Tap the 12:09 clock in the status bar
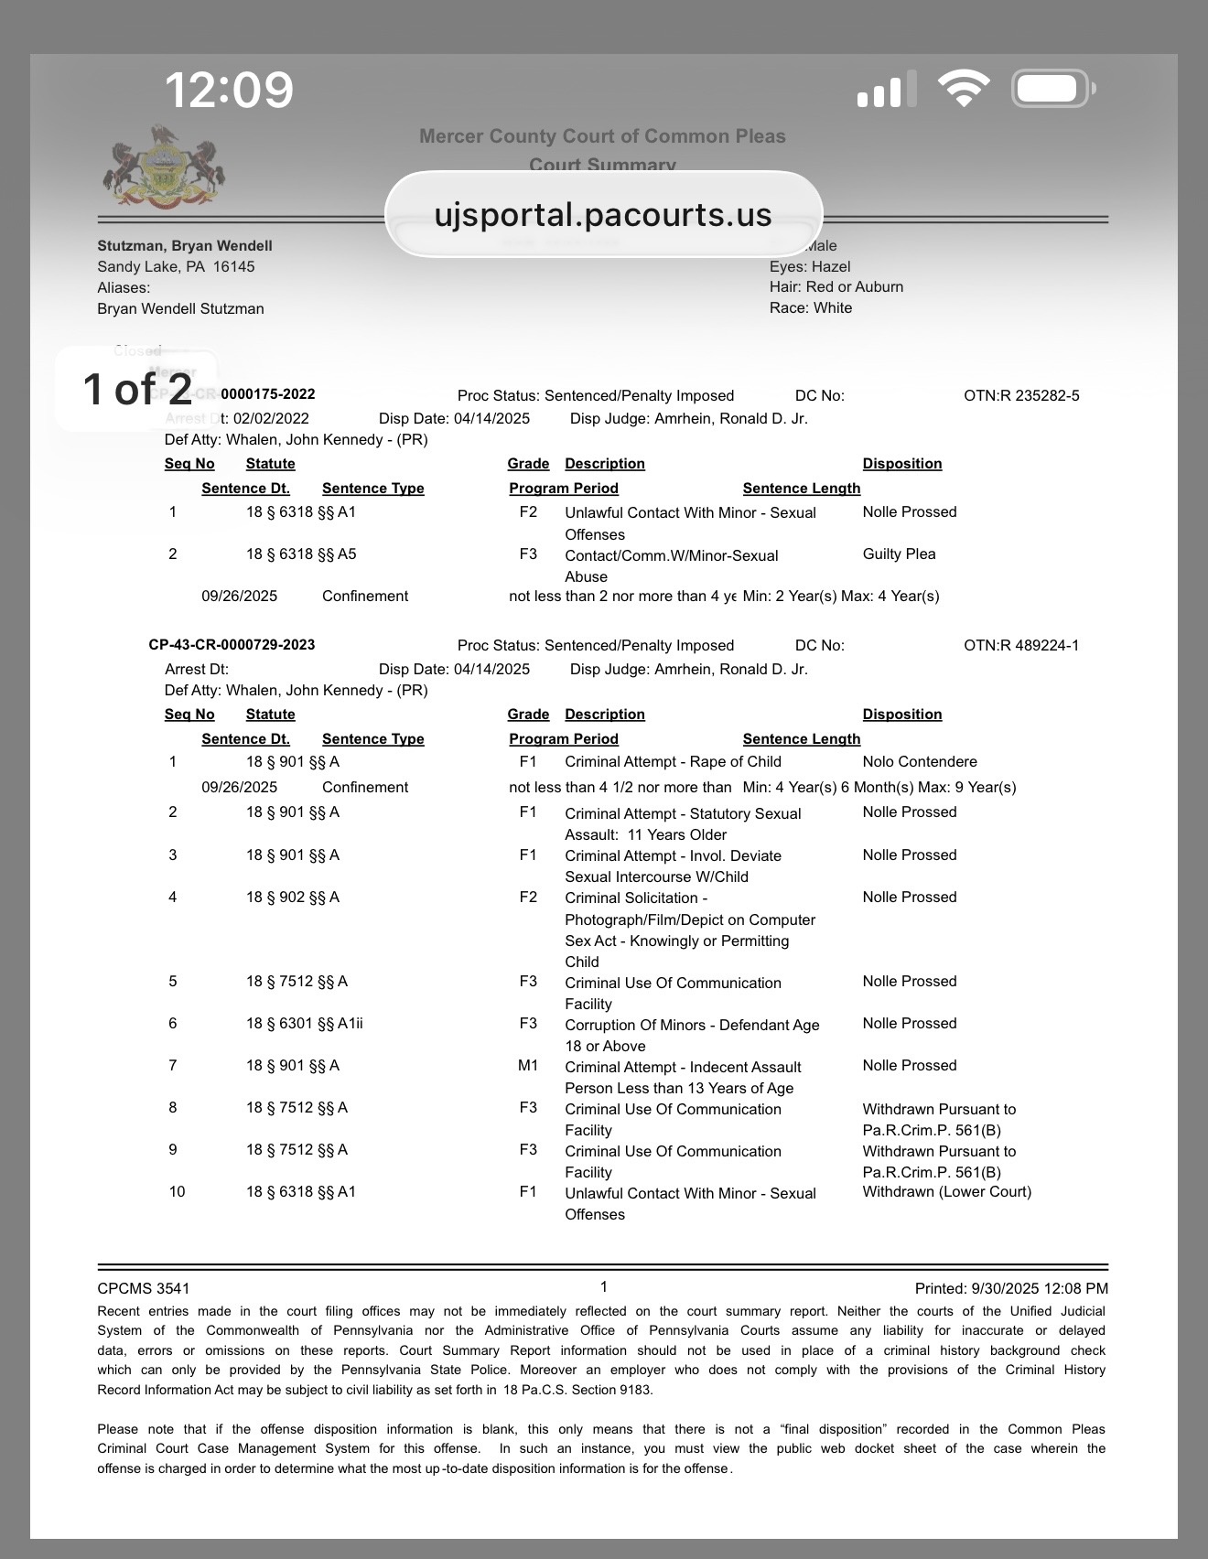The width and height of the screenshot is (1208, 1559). (x=229, y=90)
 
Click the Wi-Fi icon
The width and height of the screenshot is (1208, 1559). (x=963, y=89)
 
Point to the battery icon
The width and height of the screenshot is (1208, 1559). (x=1052, y=89)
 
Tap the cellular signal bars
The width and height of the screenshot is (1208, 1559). (x=886, y=90)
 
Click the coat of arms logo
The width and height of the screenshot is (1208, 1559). (x=166, y=168)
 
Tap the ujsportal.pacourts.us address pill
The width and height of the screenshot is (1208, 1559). (x=603, y=214)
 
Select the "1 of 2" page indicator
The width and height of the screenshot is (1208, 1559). (x=137, y=389)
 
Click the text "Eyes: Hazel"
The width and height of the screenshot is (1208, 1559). (x=810, y=266)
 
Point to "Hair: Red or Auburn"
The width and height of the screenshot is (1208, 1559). (x=836, y=287)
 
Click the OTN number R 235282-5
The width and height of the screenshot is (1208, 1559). (x=1021, y=396)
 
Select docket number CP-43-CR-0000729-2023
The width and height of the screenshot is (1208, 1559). (x=232, y=645)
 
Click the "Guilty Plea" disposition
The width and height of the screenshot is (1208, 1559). (x=899, y=554)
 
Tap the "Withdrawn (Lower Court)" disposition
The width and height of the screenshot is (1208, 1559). (x=946, y=1192)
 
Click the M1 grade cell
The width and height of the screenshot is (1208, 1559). (x=528, y=1066)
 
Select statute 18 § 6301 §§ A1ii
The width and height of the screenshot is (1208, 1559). (x=304, y=1024)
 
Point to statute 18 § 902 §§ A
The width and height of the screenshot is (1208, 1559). (x=292, y=898)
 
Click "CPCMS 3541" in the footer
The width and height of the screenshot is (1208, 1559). (x=144, y=1288)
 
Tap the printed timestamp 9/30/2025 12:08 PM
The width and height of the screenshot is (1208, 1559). (x=1011, y=1288)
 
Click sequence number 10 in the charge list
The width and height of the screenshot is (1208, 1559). (x=177, y=1192)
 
